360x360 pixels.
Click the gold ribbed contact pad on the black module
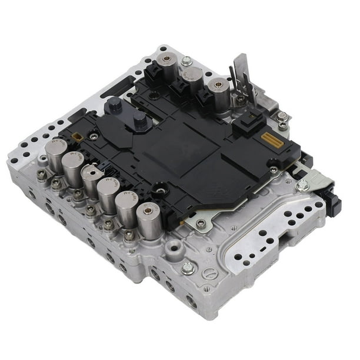[267, 141]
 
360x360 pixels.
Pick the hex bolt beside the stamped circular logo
[188, 268]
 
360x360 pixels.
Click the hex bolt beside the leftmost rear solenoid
[187, 61]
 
